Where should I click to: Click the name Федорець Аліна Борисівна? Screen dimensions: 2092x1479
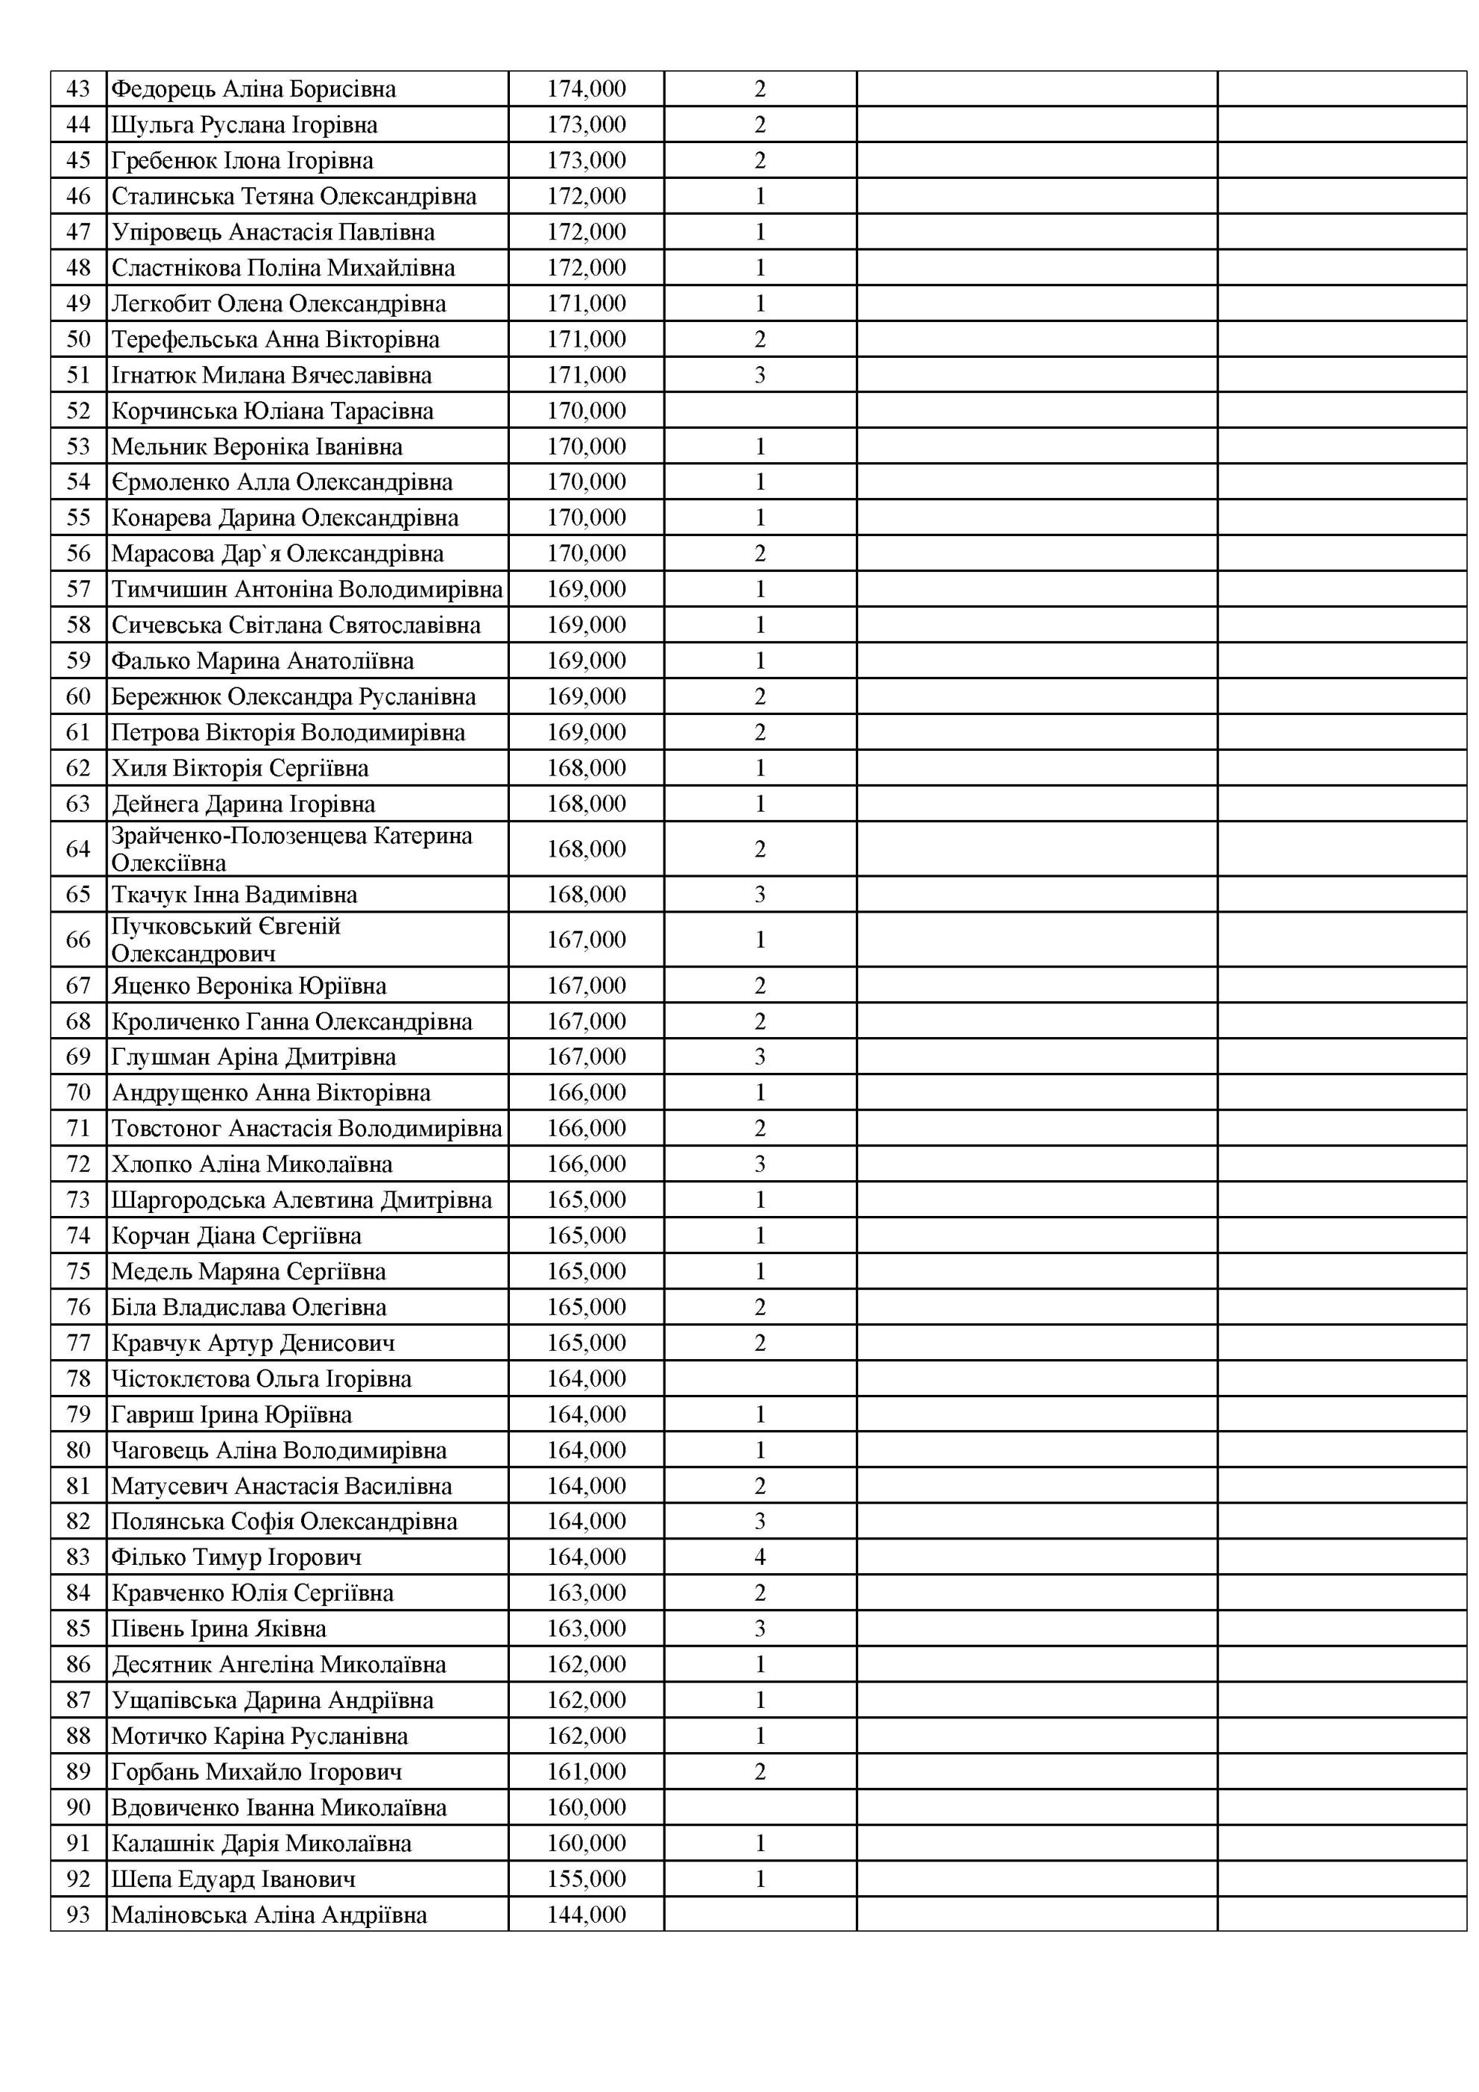tap(253, 89)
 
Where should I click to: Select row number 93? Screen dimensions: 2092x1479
tap(78, 1915)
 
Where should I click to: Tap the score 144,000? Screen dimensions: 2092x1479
tap(586, 1915)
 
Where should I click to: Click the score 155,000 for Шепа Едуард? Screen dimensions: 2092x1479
tap(586, 1879)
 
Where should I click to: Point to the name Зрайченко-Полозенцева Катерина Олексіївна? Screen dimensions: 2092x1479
tap(291, 848)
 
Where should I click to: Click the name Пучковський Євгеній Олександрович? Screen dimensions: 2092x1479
tap(226, 939)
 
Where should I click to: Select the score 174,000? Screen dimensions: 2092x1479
tap(586, 89)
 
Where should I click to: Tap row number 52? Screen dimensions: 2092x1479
tap(78, 411)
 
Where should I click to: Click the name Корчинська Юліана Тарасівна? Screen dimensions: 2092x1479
tap(273, 411)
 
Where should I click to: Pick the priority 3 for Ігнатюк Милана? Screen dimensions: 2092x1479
tap(760, 376)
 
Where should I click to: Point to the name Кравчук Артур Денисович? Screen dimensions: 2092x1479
tap(253, 1342)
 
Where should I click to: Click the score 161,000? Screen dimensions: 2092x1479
tap(586, 1771)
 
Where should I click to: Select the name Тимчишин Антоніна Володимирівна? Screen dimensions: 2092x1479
tap(307, 590)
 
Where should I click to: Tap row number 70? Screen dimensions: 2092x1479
tap(78, 1091)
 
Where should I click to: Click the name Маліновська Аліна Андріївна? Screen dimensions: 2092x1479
tap(269, 1915)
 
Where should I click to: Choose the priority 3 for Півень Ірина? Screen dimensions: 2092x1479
tap(760, 1628)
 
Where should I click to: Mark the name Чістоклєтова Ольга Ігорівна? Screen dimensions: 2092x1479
tap(262, 1379)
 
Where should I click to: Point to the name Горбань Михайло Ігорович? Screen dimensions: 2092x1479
tap(256, 1771)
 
